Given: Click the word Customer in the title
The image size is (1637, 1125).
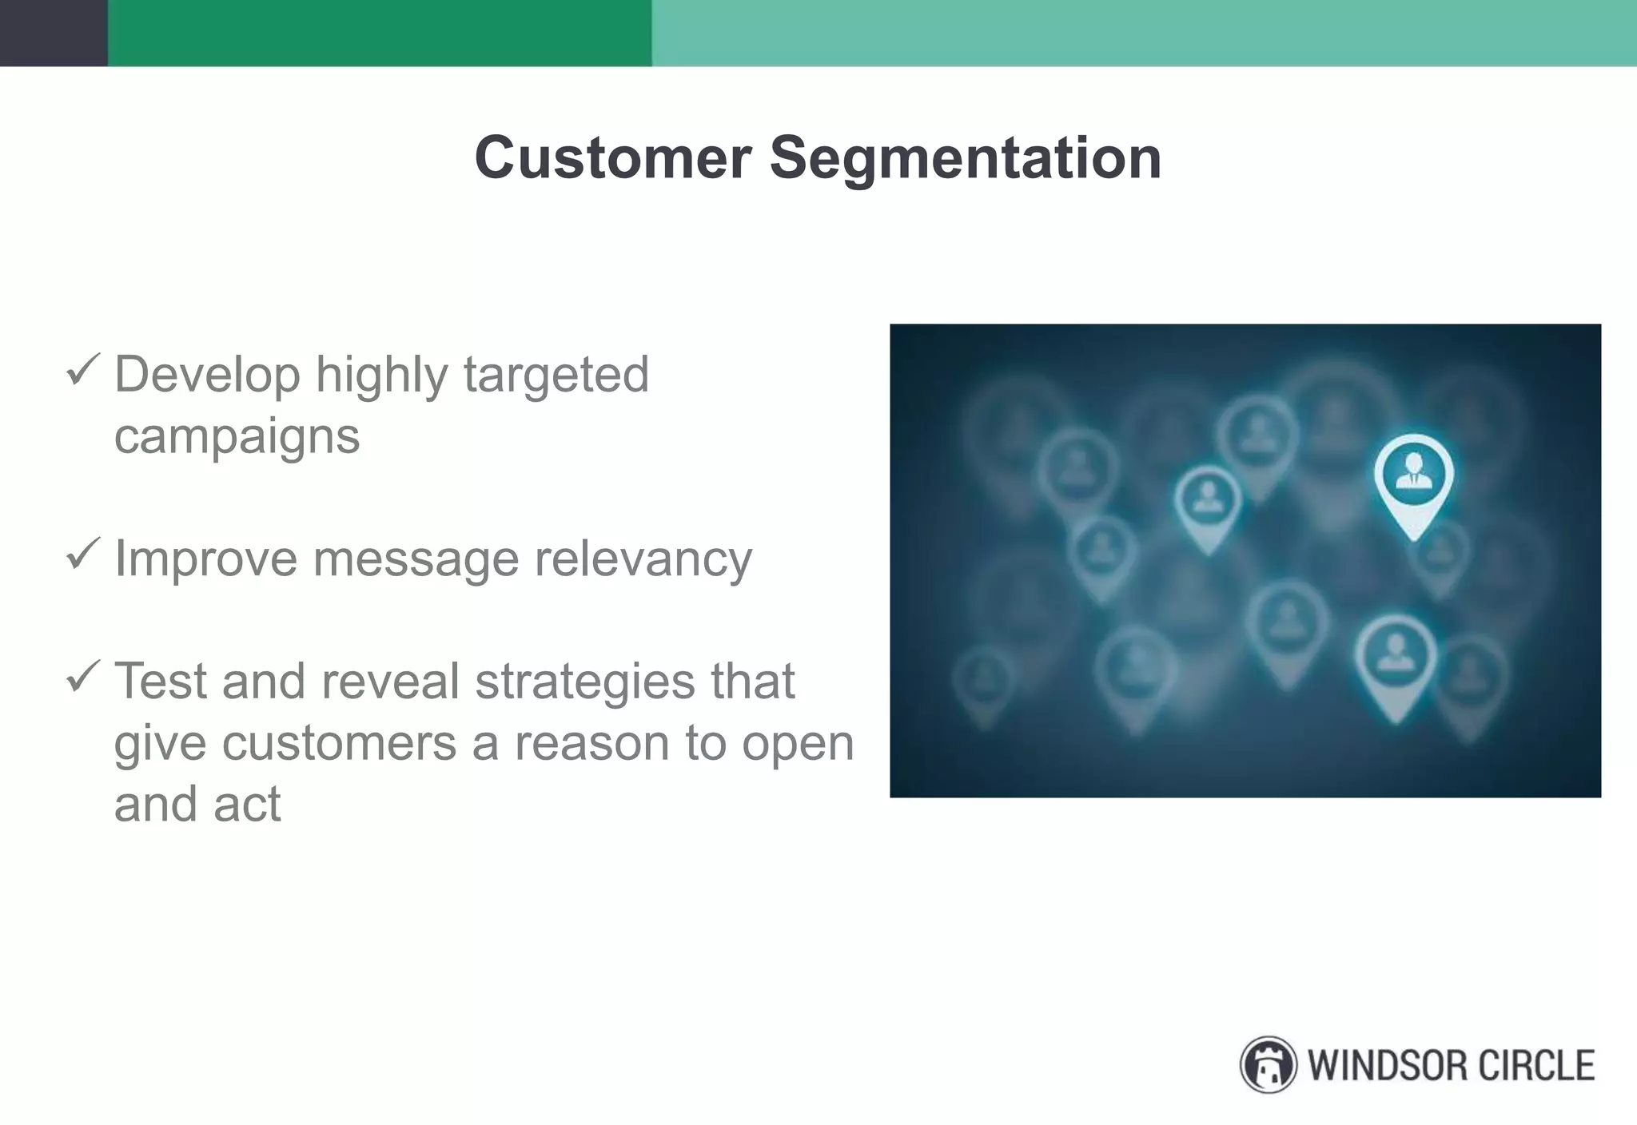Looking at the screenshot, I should click(612, 157).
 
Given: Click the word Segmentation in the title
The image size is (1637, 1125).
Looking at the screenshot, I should click(965, 159).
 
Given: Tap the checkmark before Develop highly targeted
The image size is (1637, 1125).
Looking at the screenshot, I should click(82, 370).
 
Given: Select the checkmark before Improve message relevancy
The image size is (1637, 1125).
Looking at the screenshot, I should click(82, 553).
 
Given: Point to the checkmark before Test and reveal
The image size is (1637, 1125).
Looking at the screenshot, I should click(82, 676).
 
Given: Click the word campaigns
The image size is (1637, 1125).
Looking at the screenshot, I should click(237, 438).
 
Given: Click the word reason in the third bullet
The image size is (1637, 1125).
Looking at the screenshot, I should click(592, 743).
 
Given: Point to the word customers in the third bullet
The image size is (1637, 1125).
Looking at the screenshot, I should click(339, 743).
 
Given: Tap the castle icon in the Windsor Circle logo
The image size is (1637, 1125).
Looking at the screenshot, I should click(1268, 1065).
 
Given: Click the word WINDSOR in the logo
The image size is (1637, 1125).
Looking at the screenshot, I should click(1388, 1066).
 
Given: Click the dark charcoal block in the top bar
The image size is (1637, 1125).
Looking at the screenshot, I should click(53, 33).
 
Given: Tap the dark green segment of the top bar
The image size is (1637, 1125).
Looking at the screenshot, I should click(379, 33).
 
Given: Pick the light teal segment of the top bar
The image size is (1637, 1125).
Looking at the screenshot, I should click(1143, 33).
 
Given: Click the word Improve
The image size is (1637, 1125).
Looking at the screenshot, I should click(205, 559).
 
